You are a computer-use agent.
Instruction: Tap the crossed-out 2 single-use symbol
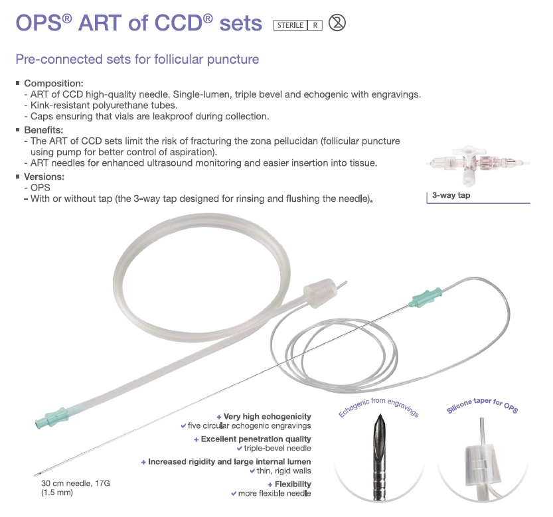pos(337,23)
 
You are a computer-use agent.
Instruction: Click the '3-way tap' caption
pos(451,195)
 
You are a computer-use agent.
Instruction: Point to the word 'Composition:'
pos(54,84)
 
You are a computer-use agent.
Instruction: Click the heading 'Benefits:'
pos(43,130)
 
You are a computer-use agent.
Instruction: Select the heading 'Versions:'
pos(44,177)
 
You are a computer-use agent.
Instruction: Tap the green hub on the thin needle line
pos(426,297)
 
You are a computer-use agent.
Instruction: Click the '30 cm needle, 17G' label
pos(76,483)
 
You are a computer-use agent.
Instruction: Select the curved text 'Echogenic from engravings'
pos(378,406)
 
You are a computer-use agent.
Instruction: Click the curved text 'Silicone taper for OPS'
pos(482,406)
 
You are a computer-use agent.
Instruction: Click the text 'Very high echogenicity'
pos(268,417)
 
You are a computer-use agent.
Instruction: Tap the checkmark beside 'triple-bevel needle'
pos(240,449)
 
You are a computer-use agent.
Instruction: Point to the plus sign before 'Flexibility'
pos(270,485)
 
